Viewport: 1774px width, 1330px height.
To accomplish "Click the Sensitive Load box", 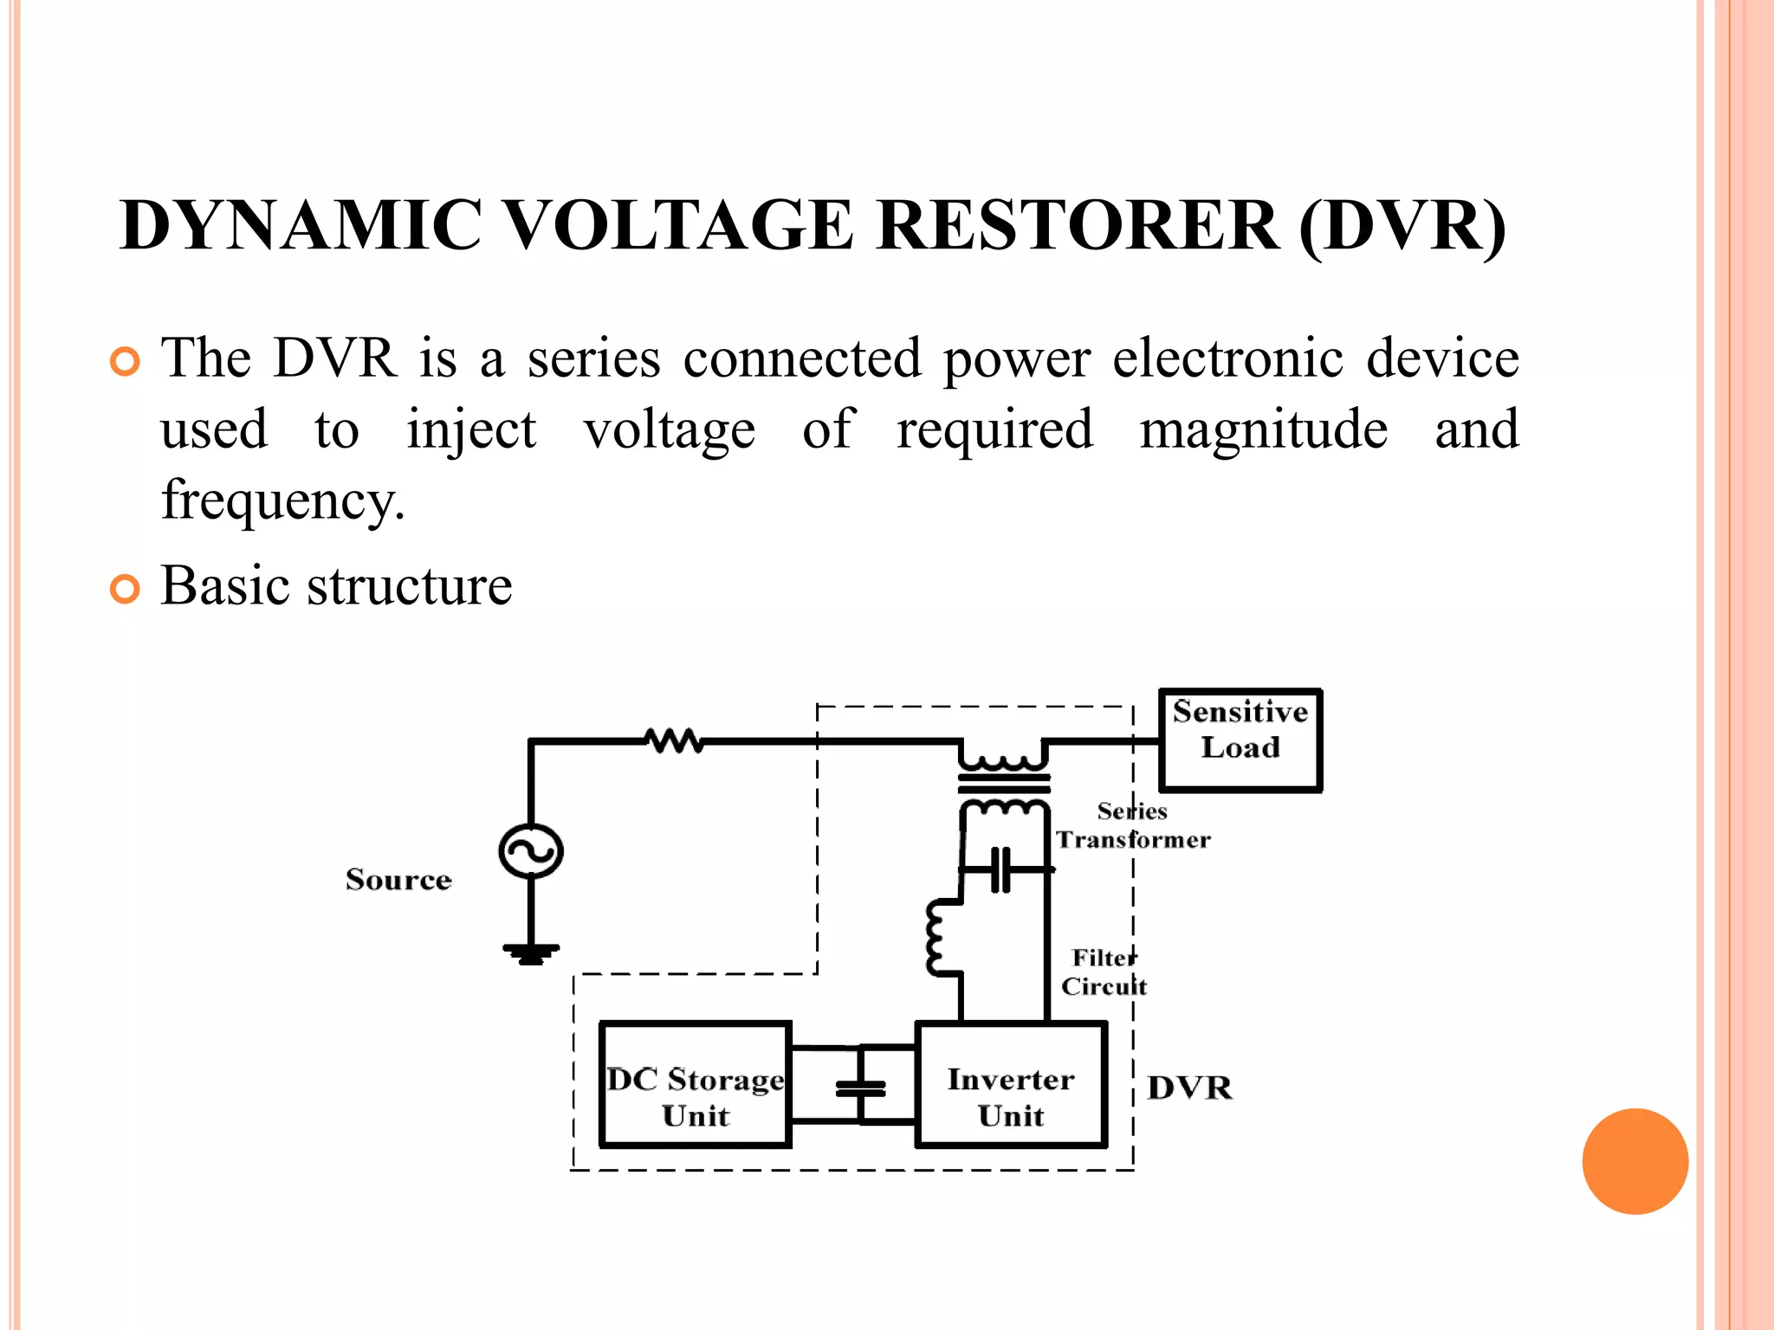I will pyautogui.click(x=1240, y=739).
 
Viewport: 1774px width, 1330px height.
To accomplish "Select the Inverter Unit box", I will pyautogui.click(x=1011, y=1085).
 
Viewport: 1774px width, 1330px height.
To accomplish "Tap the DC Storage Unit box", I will pyautogui.click(x=696, y=1085).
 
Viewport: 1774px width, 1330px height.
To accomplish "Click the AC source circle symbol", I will pyautogui.click(x=531, y=851).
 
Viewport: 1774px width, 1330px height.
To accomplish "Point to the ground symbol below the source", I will pyautogui.click(x=531, y=953).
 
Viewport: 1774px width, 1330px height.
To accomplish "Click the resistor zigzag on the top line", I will pyautogui.click(x=674, y=741).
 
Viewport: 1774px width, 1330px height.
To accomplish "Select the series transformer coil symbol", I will pyautogui.click(x=1004, y=784).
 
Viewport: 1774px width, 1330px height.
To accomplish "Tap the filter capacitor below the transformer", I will pyautogui.click(x=1001, y=869).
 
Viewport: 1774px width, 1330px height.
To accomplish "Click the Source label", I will pyautogui.click(x=398, y=880).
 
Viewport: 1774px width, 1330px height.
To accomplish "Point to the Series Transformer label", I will pyautogui.click(x=1132, y=825).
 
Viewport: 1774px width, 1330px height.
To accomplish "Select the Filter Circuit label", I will pyautogui.click(x=1104, y=972).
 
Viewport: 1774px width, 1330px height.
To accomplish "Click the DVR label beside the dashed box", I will pyautogui.click(x=1189, y=1088).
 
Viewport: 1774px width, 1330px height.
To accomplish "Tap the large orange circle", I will pyautogui.click(x=1635, y=1161).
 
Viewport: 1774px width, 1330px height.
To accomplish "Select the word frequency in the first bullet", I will pyautogui.click(x=282, y=500).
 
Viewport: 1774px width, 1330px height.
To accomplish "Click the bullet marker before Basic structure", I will pyautogui.click(x=126, y=589).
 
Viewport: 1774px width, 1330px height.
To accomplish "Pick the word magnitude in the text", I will pyautogui.click(x=1263, y=429).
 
